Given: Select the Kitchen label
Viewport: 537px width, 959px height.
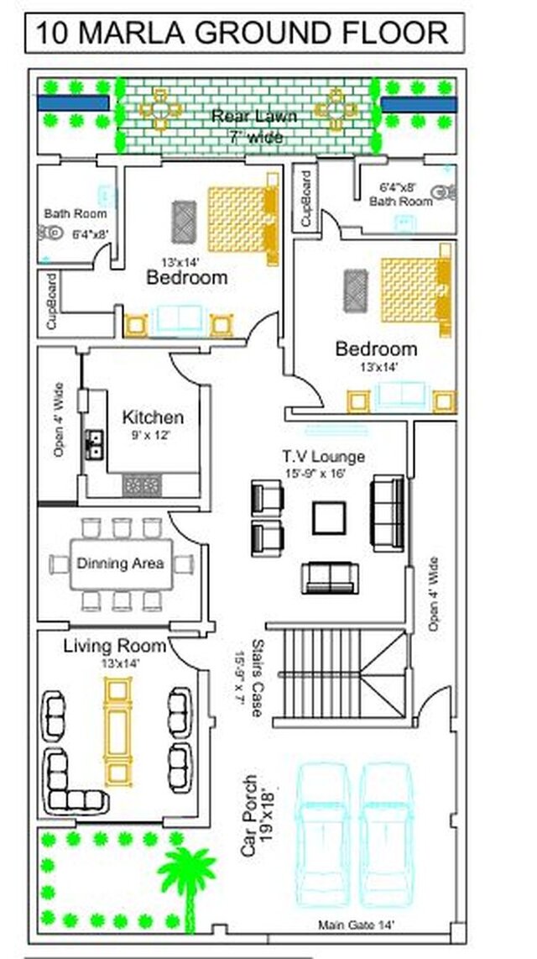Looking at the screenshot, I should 153,417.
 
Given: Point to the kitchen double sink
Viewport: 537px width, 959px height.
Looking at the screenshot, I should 96,443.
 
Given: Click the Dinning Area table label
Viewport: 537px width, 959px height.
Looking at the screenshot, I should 121,563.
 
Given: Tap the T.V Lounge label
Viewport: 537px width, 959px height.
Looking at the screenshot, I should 323,457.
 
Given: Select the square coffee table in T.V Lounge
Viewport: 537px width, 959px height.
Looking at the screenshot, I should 329,517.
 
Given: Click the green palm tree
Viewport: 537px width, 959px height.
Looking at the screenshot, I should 186,873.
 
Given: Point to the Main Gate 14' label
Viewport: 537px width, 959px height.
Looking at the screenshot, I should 357,925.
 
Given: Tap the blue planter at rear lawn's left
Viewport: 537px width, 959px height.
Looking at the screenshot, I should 72,102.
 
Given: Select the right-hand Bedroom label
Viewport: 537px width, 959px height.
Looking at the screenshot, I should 376,348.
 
